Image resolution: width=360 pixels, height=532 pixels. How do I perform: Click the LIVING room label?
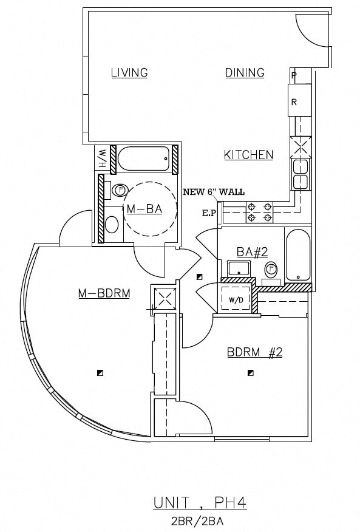coord(129,73)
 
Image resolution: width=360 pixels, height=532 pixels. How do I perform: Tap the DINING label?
coord(245,73)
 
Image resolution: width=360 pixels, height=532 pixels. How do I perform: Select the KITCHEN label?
coord(248,155)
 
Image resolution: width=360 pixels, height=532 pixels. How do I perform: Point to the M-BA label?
coord(144,209)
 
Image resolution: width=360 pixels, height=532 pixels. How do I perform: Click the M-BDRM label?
coord(104,294)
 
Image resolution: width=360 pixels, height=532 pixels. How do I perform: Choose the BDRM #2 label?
coord(254,352)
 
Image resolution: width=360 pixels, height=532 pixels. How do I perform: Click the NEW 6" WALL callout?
coord(214,192)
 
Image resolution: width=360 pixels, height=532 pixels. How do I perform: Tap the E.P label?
coord(209,213)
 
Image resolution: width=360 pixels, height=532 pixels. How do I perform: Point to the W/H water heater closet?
coord(103,159)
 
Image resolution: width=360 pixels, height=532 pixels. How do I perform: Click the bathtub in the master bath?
coord(143,159)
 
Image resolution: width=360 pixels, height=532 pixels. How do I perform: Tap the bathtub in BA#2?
coord(297,255)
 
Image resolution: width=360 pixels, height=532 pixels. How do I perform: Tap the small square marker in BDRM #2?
coord(249,372)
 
